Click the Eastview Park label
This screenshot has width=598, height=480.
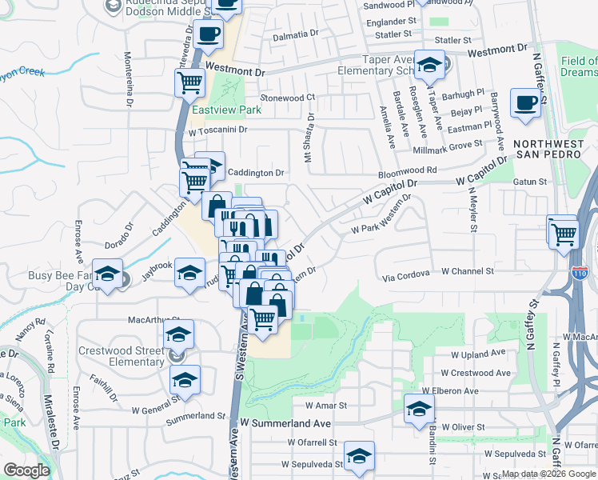click(215, 110)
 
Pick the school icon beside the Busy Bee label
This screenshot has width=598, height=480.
click(107, 274)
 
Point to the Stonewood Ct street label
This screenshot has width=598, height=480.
click(289, 98)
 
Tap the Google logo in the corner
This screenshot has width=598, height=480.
click(27, 471)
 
